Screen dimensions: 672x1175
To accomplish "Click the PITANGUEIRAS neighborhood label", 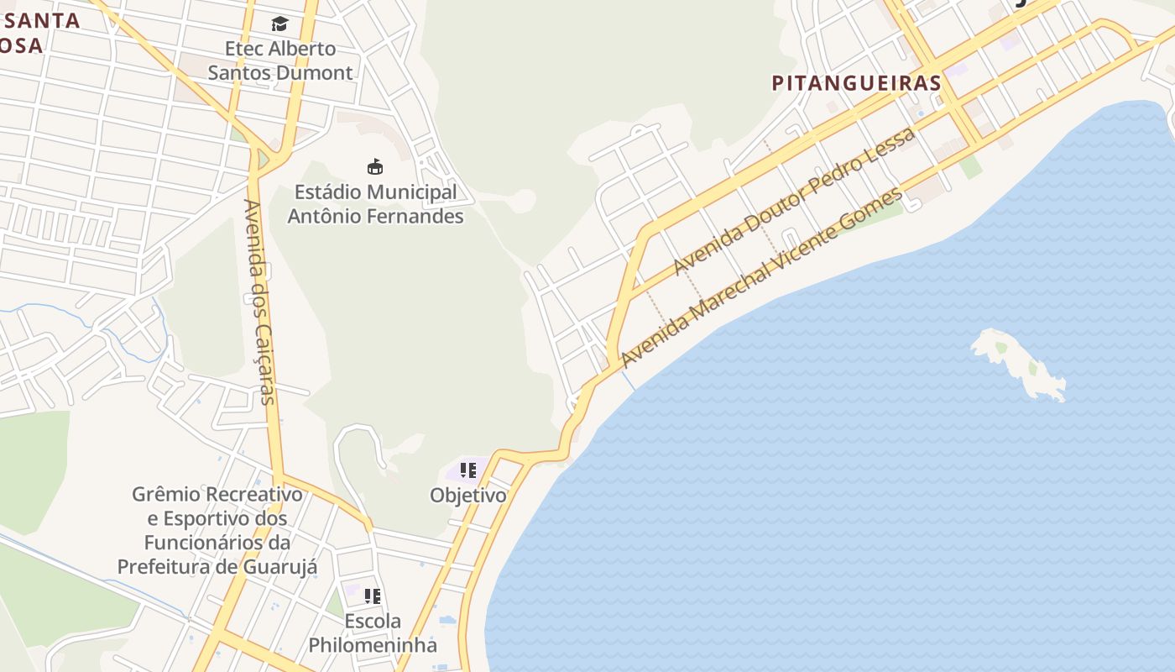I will click(x=856, y=83).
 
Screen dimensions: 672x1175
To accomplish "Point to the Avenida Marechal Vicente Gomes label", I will click(x=762, y=277).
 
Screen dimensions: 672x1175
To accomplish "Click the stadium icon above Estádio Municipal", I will click(x=375, y=166).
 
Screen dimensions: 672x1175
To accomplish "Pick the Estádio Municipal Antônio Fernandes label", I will click(x=375, y=204).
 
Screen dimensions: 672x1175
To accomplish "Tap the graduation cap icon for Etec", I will click(x=279, y=24).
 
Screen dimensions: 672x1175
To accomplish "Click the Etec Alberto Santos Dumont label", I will click(x=280, y=60).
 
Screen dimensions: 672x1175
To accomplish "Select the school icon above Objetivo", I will click(x=467, y=470).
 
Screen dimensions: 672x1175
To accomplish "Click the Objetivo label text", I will click(x=468, y=496).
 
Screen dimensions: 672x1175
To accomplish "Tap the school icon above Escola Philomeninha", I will click(x=372, y=596).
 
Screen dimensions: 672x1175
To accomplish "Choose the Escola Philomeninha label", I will click(x=373, y=633).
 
